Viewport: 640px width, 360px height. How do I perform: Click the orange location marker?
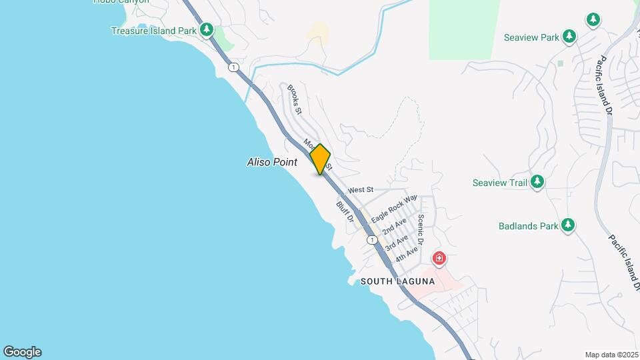coord(320,159)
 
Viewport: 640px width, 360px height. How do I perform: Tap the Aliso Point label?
coord(272,162)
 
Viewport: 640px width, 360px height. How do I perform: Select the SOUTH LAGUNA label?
coord(397,282)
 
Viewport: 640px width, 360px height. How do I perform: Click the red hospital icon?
coord(439,258)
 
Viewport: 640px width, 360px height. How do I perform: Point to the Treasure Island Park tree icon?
coord(207,30)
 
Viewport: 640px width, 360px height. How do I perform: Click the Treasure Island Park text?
coord(153,31)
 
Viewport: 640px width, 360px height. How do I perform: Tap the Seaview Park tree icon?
coord(569,37)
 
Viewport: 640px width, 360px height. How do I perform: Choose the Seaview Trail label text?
coord(499,183)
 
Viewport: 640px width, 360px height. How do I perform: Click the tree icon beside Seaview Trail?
coord(537,182)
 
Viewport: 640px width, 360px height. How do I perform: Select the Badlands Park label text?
coord(528,226)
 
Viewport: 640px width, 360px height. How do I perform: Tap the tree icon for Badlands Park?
coord(567,225)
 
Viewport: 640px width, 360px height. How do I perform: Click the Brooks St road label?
coord(295,98)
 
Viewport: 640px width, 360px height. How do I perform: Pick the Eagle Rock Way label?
coord(394,209)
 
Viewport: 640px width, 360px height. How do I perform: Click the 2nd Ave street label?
coord(395,227)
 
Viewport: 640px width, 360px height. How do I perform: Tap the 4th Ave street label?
coord(406,254)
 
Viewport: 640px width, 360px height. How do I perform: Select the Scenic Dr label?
coord(421,228)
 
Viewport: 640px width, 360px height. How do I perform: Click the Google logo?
coord(22,352)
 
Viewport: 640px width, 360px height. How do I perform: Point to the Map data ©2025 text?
coord(611,355)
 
